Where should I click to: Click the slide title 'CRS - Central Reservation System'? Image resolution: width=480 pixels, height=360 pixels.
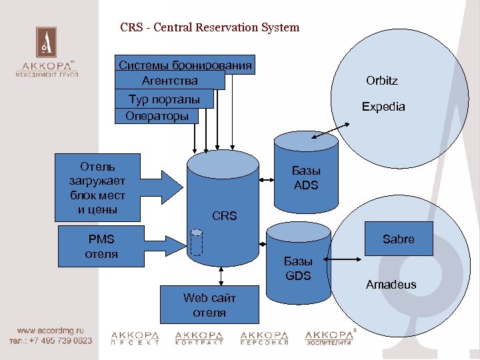click(x=209, y=28)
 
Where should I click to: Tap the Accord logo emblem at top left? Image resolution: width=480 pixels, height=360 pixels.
click(x=46, y=43)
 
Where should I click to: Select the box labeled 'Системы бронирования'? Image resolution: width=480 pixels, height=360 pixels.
click(x=185, y=65)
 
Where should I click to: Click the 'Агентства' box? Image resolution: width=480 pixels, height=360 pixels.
click(x=169, y=81)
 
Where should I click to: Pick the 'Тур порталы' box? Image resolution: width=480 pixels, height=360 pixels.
click(x=164, y=99)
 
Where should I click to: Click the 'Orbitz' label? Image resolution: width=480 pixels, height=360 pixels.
click(x=381, y=81)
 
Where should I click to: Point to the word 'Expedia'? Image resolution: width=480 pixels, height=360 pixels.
click(x=383, y=107)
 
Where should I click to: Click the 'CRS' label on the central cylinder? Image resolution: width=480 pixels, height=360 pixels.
click(x=224, y=216)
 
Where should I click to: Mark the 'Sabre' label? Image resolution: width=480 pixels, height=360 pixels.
click(x=398, y=239)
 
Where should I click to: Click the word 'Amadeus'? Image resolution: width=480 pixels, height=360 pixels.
click(x=391, y=285)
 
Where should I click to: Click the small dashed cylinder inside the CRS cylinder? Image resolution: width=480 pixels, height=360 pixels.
click(x=196, y=243)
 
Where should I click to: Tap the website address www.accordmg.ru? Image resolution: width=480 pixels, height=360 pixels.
click(x=50, y=330)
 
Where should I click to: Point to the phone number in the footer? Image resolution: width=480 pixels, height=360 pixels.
click(x=51, y=340)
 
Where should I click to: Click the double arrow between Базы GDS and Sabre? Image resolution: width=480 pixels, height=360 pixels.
click(x=346, y=257)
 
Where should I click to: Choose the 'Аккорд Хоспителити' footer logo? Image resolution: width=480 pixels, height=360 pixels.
click(x=329, y=337)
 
